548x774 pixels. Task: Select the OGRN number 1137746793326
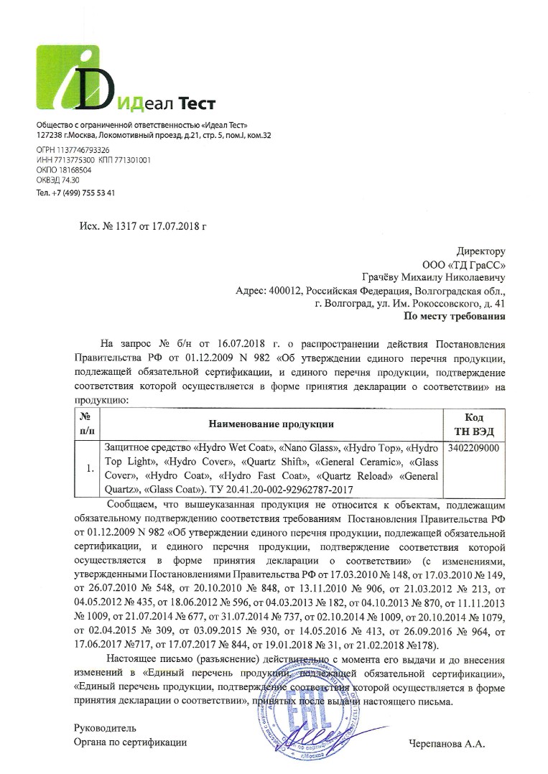tap(78, 150)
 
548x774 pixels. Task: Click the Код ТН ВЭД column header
tap(474, 424)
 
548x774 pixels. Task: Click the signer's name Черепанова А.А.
tap(447, 745)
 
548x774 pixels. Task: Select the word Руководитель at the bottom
tap(105, 729)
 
